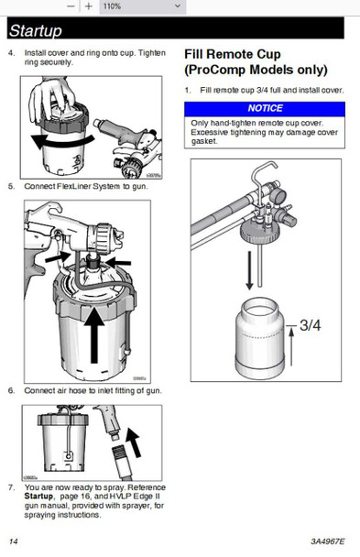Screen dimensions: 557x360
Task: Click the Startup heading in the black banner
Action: click(38, 31)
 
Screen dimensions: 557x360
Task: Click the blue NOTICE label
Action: click(266, 109)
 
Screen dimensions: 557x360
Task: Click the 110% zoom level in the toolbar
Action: click(112, 5)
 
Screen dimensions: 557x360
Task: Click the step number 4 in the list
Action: click(11, 52)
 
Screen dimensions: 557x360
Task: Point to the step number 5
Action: click(11, 187)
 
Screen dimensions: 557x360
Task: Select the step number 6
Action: click(11, 390)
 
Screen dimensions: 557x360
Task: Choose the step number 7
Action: click(11, 486)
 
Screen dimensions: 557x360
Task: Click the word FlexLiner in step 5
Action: click(76, 187)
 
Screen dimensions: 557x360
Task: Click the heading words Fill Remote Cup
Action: click(233, 54)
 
